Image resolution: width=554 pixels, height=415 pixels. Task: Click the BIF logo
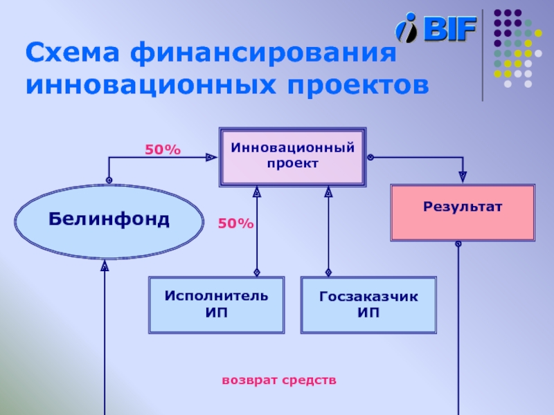coord(436,29)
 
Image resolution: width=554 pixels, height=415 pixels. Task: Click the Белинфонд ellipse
coord(109,220)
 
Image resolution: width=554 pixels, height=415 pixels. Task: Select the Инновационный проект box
coord(292,156)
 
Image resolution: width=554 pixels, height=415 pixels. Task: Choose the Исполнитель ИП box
coord(217,304)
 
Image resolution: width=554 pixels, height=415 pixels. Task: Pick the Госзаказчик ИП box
coord(368,304)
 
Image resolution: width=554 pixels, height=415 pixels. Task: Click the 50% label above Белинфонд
coord(162,149)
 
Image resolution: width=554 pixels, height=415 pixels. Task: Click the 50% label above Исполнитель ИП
coord(235,223)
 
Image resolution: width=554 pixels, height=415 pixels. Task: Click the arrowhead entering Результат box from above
coord(463,178)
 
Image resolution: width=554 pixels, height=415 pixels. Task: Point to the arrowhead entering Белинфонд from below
coord(105,266)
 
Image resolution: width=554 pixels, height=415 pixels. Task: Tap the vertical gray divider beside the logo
coord(483,55)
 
